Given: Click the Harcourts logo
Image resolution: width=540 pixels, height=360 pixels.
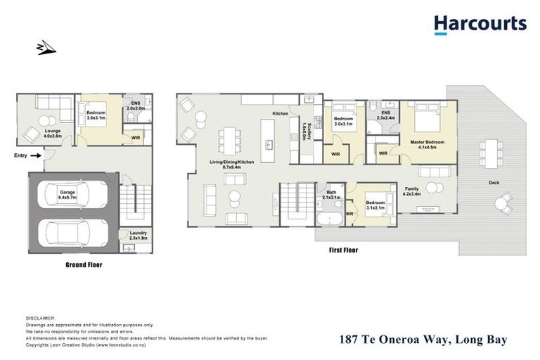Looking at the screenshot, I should (480, 25).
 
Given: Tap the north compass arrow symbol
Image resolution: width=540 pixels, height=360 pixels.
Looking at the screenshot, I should (44, 48).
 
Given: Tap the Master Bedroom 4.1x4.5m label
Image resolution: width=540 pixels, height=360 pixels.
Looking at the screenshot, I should (427, 144).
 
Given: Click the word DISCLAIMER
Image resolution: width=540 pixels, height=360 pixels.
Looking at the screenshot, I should (40, 319).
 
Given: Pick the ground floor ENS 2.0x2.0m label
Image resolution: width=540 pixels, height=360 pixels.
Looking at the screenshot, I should (136, 106).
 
